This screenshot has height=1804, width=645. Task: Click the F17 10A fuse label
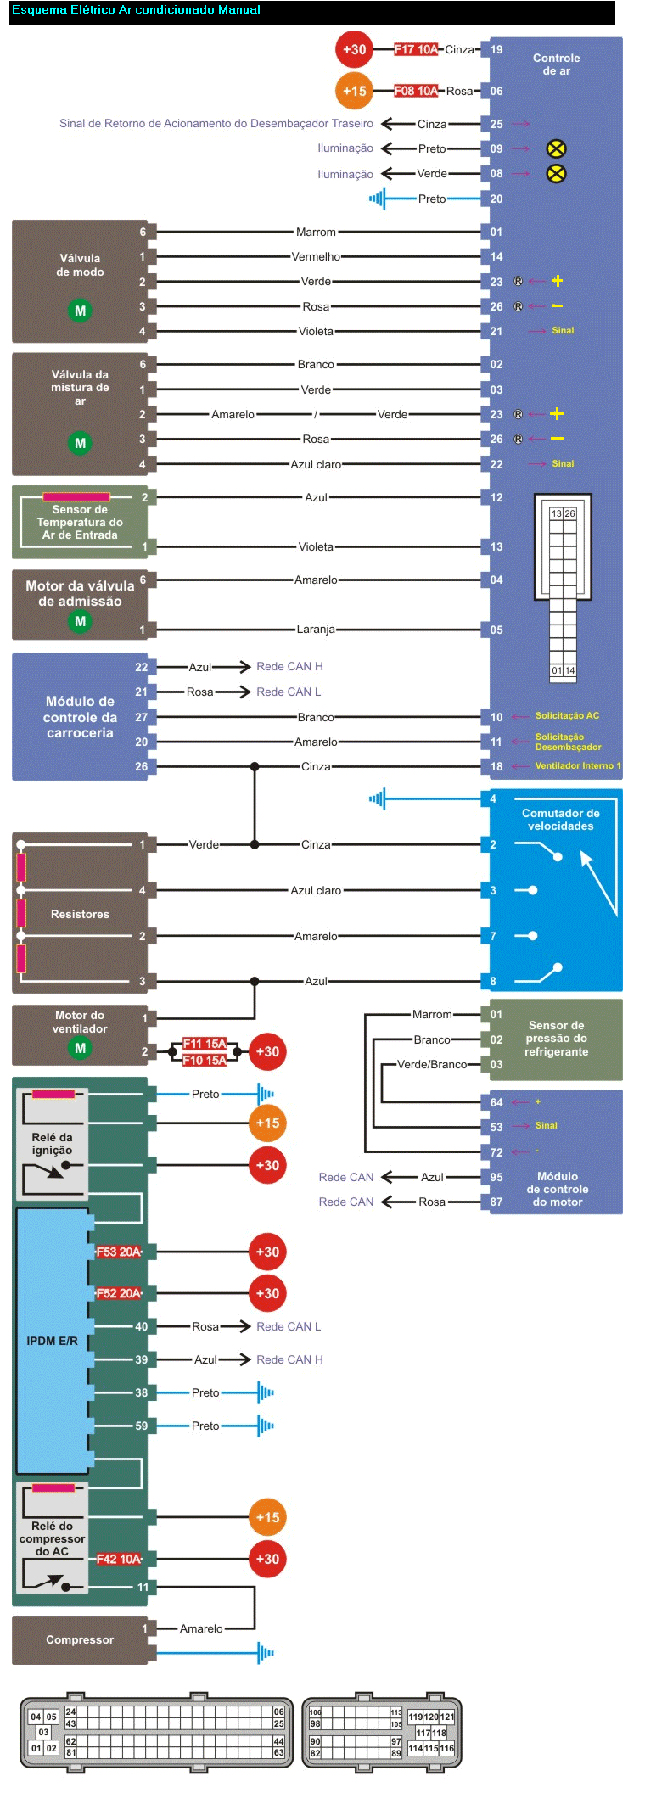coord(416,49)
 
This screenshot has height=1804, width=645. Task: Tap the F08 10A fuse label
coord(416,91)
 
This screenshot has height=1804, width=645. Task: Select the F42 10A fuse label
coord(119,1559)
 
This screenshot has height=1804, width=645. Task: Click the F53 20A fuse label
coord(119,1252)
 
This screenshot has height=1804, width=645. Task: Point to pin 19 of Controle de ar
coord(496,49)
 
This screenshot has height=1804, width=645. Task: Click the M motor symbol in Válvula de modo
coord(80,311)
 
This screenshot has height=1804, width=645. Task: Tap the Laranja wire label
coord(316,630)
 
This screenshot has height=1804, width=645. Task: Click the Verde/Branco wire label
coord(432,1064)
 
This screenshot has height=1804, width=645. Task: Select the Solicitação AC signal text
coord(567,715)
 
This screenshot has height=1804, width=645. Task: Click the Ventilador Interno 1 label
coord(577,765)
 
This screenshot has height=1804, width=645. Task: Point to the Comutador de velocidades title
coord(560,819)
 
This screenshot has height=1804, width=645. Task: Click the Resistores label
coord(80,914)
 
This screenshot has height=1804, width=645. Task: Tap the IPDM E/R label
coord(52,1341)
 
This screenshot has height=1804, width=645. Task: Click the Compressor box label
coord(80,1639)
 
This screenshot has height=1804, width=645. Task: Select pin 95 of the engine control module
coord(496,1177)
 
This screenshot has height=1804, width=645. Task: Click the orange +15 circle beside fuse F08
coord(354,91)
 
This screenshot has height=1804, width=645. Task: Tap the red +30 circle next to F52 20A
coord(267,1293)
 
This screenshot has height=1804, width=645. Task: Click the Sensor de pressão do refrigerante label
coord(556,1038)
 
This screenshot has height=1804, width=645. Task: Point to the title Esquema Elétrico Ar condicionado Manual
coord(136,10)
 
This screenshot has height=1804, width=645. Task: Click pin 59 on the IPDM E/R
coord(141,1426)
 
